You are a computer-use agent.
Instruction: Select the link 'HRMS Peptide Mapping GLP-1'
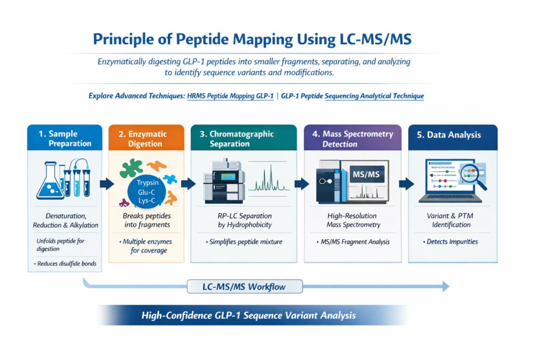(x=230, y=96)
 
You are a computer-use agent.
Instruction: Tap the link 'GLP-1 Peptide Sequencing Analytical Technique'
(x=352, y=96)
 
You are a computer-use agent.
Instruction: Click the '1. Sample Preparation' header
(x=65, y=139)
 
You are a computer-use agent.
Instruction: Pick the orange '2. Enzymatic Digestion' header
(x=146, y=139)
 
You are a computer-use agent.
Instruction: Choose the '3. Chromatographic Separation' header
(x=244, y=139)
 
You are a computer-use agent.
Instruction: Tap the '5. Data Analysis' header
(x=449, y=135)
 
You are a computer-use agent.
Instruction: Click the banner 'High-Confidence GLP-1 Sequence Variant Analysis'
(x=248, y=316)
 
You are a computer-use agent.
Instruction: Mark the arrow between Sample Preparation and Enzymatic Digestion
(x=106, y=183)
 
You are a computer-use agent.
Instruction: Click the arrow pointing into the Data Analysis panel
(x=406, y=183)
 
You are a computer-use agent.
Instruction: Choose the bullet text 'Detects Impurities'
(x=451, y=241)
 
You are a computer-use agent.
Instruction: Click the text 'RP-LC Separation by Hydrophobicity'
(x=244, y=220)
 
